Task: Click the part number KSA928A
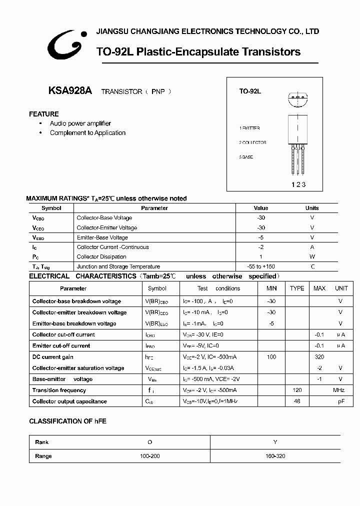pyautogui.click(x=70, y=91)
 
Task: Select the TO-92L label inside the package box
pyautogui.click(x=250, y=91)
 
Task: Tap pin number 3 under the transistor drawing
pyautogui.click(x=303, y=184)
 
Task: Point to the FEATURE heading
pyautogui.click(x=44, y=114)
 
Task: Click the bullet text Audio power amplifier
pyautogui.click(x=80, y=123)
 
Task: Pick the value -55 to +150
pyautogui.click(x=261, y=267)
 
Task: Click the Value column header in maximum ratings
pyautogui.click(x=261, y=208)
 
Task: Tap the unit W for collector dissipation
pyautogui.click(x=312, y=257)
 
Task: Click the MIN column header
pyautogui.click(x=271, y=288)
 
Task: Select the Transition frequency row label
pyautogui.click(x=59, y=390)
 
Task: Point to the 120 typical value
pyautogui.click(x=297, y=390)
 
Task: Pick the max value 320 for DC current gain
pyautogui.click(x=319, y=357)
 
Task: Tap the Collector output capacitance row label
pyautogui.click(x=69, y=401)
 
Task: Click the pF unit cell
pyautogui.click(x=340, y=401)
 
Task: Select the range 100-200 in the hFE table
pyautogui.click(x=150, y=456)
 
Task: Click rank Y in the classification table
pyautogui.click(x=275, y=442)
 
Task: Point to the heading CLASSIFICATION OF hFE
pyautogui.click(x=67, y=421)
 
